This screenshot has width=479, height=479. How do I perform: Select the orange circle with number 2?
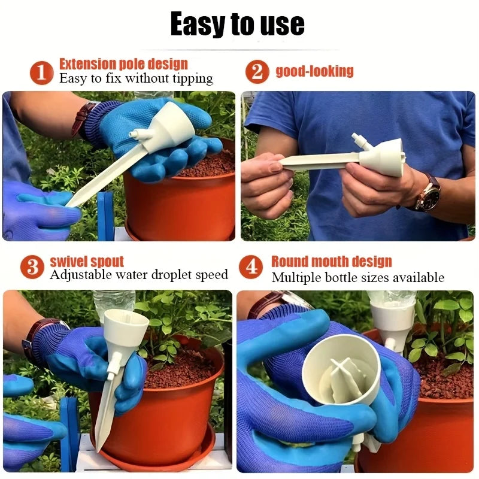(x=256, y=72)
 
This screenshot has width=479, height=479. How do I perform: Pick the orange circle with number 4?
(x=251, y=267)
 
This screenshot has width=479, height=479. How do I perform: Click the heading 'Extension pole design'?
(x=123, y=64)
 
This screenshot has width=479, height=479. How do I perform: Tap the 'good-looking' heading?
(x=314, y=71)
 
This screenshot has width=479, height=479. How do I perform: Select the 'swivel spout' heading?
(x=87, y=262)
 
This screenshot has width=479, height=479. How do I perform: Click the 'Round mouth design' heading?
(x=331, y=262)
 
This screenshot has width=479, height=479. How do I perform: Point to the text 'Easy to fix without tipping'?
(x=136, y=78)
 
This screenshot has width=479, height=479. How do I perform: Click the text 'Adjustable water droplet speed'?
(x=139, y=275)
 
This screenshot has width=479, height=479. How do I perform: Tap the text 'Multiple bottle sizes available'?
(x=358, y=277)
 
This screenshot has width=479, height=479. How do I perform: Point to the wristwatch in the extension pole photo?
(x=83, y=118)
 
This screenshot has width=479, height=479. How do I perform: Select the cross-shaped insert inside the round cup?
(x=343, y=377)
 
